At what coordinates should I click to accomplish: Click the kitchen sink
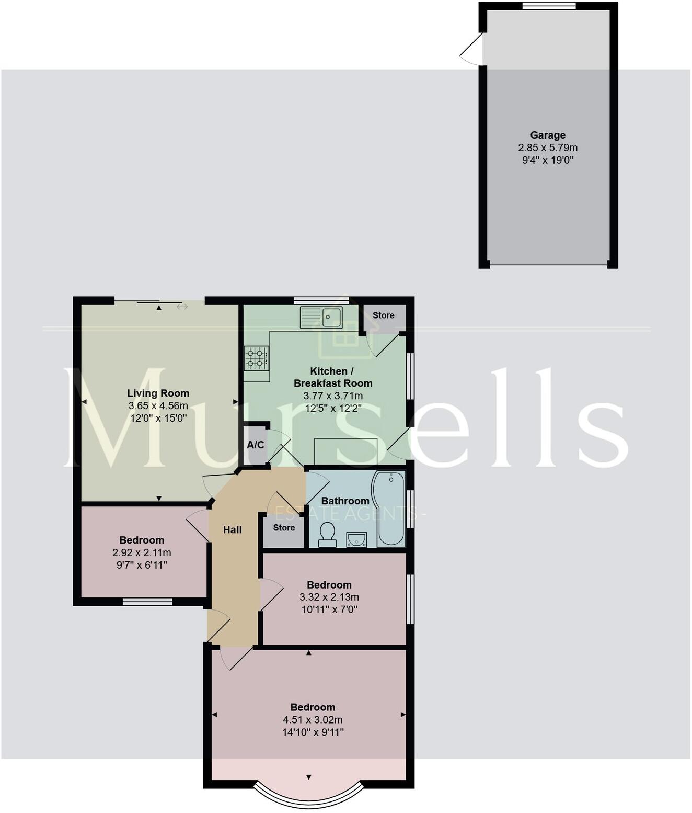[321, 317]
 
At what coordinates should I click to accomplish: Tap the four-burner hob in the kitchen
[257, 358]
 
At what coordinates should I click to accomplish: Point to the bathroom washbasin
[356, 539]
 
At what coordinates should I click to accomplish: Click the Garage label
[548, 135]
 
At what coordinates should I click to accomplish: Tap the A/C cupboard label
[256, 445]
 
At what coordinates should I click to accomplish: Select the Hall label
[233, 530]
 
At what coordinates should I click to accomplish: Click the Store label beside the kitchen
[384, 315]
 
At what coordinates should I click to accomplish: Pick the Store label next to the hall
[284, 528]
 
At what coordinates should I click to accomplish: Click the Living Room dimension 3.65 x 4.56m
[158, 406]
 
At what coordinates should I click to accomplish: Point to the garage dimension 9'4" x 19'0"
[548, 160]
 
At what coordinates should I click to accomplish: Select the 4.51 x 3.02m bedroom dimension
[313, 720]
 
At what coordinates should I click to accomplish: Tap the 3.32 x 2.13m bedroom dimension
[329, 597]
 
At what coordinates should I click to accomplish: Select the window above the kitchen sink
[321, 300]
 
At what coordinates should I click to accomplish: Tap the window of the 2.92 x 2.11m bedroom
[147, 602]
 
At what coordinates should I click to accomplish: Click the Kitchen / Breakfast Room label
[333, 377]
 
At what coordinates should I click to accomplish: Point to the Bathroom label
[345, 501]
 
